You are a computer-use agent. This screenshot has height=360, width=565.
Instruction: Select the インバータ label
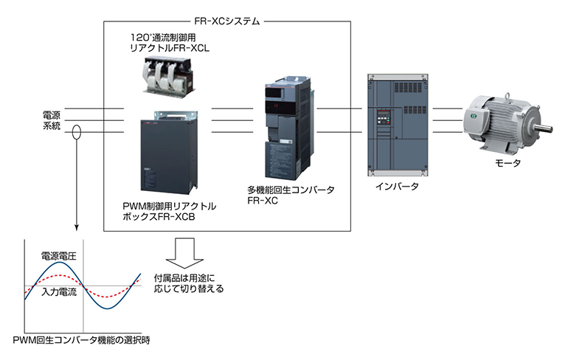398,187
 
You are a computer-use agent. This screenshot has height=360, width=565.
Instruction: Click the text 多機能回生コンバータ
291,190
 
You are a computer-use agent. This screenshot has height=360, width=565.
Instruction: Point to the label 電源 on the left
52,115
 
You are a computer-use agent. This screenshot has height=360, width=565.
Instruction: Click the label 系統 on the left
52,128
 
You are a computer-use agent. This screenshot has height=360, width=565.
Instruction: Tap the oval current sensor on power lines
77,130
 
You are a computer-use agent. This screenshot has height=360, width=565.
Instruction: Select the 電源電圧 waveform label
58,256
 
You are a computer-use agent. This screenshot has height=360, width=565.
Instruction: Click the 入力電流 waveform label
60,293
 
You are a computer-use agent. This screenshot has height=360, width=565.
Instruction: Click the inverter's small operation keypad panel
383,118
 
